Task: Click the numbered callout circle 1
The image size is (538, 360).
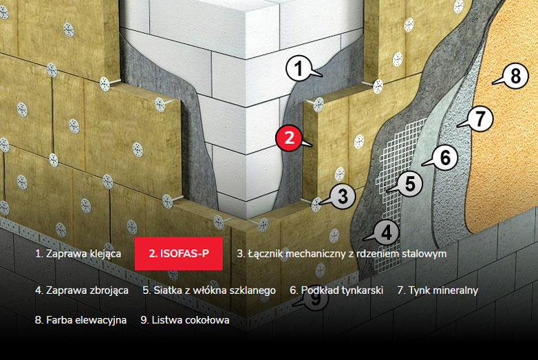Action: coord(298,68)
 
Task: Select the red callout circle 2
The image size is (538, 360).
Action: coord(289,138)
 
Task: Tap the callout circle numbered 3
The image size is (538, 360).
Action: coord(341,196)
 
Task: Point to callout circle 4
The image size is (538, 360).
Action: coord(386,233)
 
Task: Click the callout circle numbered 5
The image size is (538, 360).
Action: coord(409,184)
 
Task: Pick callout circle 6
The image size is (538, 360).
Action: coord(444,158)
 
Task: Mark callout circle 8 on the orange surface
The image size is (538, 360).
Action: coord(515,75)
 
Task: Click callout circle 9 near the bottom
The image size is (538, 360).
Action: coord(314,299)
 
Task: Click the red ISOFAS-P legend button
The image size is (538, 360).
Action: coord(180,254)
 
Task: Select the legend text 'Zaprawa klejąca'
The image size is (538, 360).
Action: coord(78,254)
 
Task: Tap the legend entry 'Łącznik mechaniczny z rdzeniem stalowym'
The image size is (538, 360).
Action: coord(341,254)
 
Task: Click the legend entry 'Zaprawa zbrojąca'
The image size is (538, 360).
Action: coord(81,290)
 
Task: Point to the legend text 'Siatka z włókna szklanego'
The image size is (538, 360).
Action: coord(209,290)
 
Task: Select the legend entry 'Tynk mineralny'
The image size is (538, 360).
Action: coord(437,290)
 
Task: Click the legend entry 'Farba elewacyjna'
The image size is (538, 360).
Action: coord(80,320)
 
